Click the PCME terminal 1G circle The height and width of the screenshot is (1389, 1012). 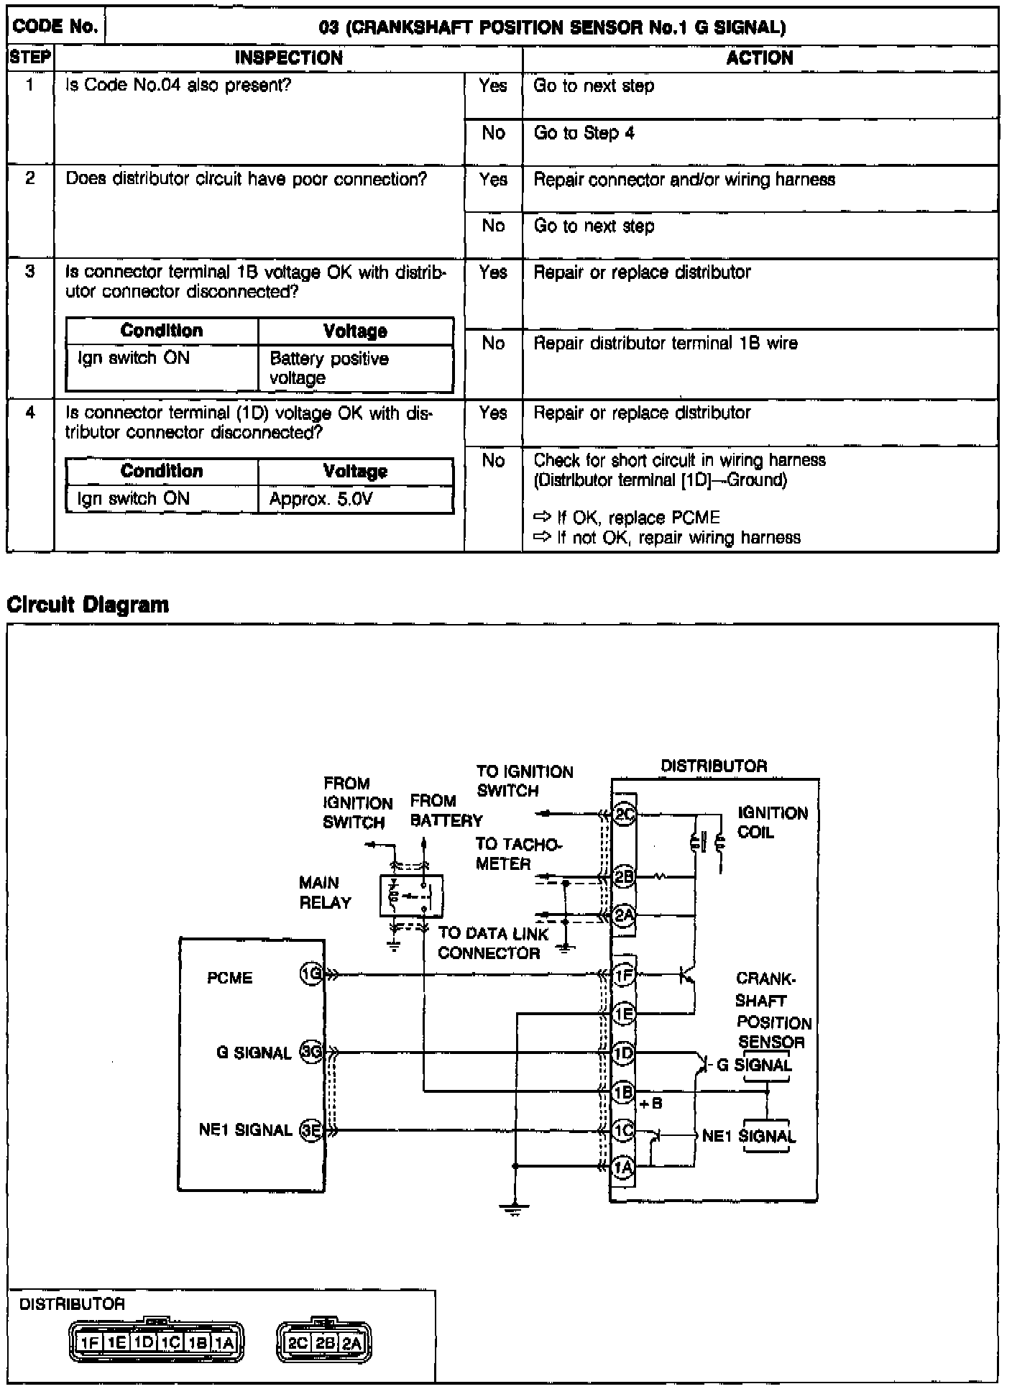coord(310,975)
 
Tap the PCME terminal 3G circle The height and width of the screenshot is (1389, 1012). coord(310,1053)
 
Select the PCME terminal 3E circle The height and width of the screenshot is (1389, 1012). coord(310,1130)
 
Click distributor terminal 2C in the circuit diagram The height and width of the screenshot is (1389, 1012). coord(624,815)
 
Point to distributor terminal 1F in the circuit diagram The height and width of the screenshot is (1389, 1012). coord(623,976)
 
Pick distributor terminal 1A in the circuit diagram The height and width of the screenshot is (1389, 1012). coord(623,1168)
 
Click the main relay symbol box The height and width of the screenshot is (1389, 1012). coord(410,896)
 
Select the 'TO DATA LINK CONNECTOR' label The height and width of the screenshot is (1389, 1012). coord(492,943)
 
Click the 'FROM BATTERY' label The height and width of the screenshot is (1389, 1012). coord(446,810)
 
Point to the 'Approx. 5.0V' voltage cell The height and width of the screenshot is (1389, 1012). coord(321,499)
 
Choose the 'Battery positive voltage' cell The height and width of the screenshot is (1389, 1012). coord(329,368)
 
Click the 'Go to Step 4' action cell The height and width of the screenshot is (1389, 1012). coord(584,133)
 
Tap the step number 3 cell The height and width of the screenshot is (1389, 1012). coord(30,272)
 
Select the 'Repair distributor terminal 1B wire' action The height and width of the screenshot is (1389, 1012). coord(665,343)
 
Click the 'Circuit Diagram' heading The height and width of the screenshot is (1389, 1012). coord(88,605)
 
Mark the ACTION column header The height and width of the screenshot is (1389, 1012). coord(759,58)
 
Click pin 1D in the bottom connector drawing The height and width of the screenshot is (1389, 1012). coord(144,1342)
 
